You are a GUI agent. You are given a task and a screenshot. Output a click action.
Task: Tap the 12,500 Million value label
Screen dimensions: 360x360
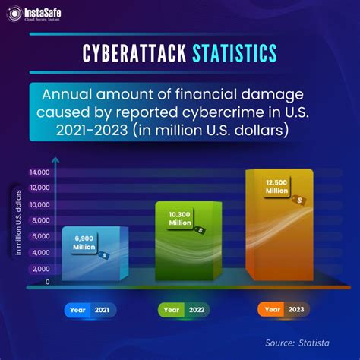click(x=276, y=188)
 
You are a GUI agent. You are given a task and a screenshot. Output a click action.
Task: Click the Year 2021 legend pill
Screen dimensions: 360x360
click(x=90, y=310)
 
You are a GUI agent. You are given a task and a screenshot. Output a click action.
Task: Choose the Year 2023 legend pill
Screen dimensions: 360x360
click(x=281, y=310)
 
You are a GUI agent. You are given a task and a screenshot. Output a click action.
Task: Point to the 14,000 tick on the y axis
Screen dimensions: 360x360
click(x=39, y=172)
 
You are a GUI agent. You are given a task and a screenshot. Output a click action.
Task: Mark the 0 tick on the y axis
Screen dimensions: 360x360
click(x=48, y=282)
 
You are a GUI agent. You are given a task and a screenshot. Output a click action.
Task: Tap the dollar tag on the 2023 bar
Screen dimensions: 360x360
click(x=301, y=200)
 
